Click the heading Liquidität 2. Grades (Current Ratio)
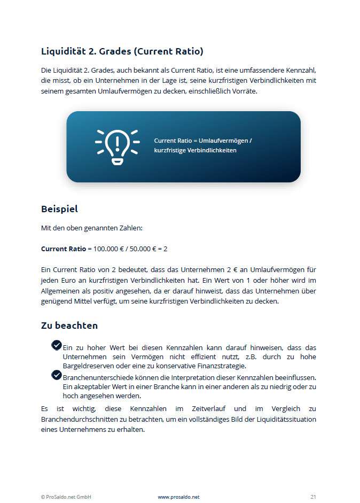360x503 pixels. [x=122, y=52]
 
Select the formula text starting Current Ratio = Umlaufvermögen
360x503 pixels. [x=202, y=145]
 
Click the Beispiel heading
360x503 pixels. [x=59, y=208]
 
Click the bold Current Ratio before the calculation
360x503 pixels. [x=63, y=249]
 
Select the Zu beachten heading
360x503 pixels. [x=69, y=326]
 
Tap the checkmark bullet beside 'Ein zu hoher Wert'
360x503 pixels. [x=57, y=345]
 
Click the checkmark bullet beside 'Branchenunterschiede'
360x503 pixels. [x=57, y=375]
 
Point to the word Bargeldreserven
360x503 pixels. [x=87, y=366]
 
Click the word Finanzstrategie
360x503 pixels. [x=222, y=366]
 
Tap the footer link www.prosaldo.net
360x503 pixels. [x=178, y=497]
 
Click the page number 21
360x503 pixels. [x=314, y=497]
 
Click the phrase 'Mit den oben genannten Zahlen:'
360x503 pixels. [x=92, y=228]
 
